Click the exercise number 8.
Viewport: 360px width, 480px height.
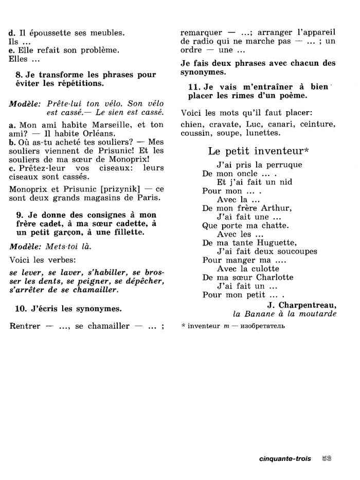(x=19, y=75)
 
